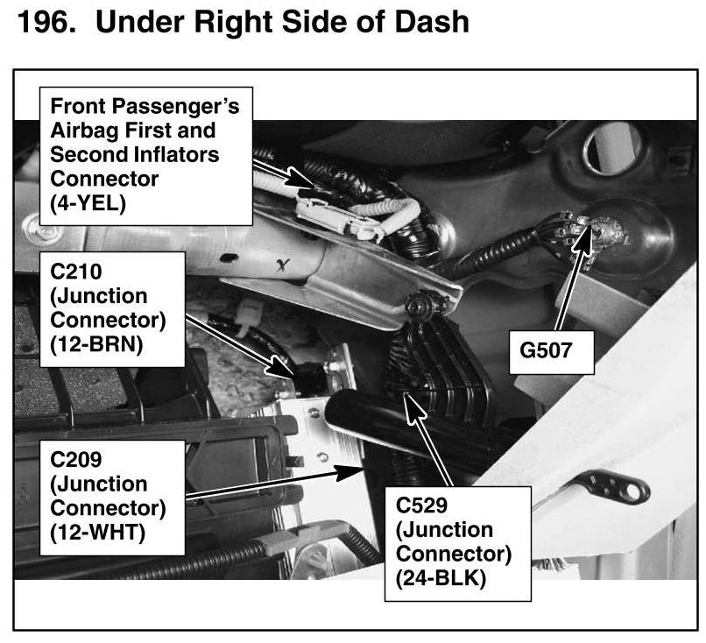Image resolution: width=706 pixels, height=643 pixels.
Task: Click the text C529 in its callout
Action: coord(425,506)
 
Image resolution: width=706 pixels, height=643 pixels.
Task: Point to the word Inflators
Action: coord(172,154)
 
